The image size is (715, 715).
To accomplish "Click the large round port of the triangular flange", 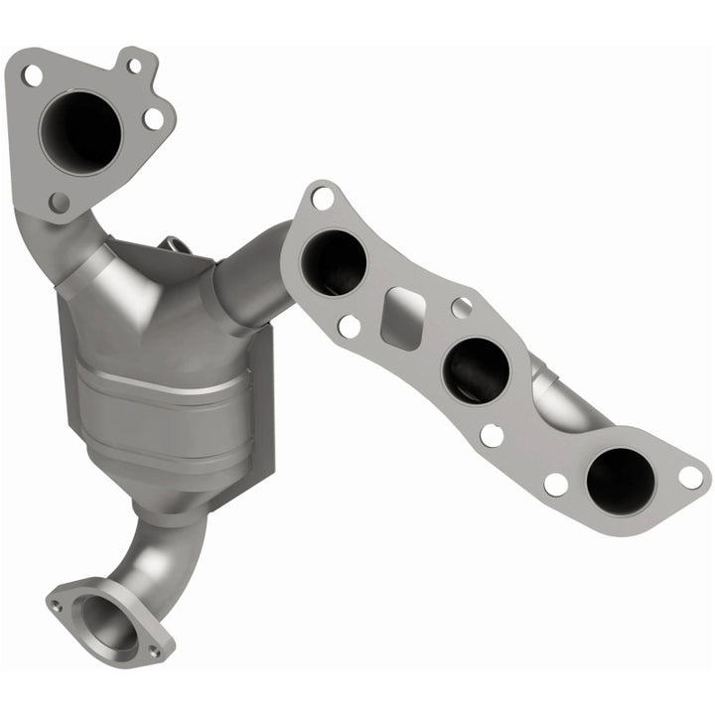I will click(80, 132).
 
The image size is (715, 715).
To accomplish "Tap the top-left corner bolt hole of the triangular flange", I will click(33, 73).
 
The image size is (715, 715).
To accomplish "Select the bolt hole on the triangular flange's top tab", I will click(133, 66).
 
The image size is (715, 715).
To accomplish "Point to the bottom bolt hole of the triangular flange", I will click(60, 203).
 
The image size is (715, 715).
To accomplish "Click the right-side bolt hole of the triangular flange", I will click(153, 119).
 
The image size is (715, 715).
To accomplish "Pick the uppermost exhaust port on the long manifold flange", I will click(334, 262).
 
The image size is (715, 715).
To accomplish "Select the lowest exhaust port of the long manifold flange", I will click(621, 480).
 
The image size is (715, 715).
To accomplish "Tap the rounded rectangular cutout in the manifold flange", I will click(402, 318).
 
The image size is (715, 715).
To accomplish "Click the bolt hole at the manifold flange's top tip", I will click(322, 198).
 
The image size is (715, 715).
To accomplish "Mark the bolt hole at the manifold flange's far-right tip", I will click(691, 477).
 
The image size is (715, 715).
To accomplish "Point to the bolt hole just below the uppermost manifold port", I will click(349, 326).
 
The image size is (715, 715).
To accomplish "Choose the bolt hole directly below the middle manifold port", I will click(492, 434).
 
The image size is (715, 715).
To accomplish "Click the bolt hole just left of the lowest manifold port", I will click(556, 484).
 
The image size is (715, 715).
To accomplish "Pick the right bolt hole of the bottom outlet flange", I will click(154, 650).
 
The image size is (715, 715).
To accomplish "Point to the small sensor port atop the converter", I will click(176, 244).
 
